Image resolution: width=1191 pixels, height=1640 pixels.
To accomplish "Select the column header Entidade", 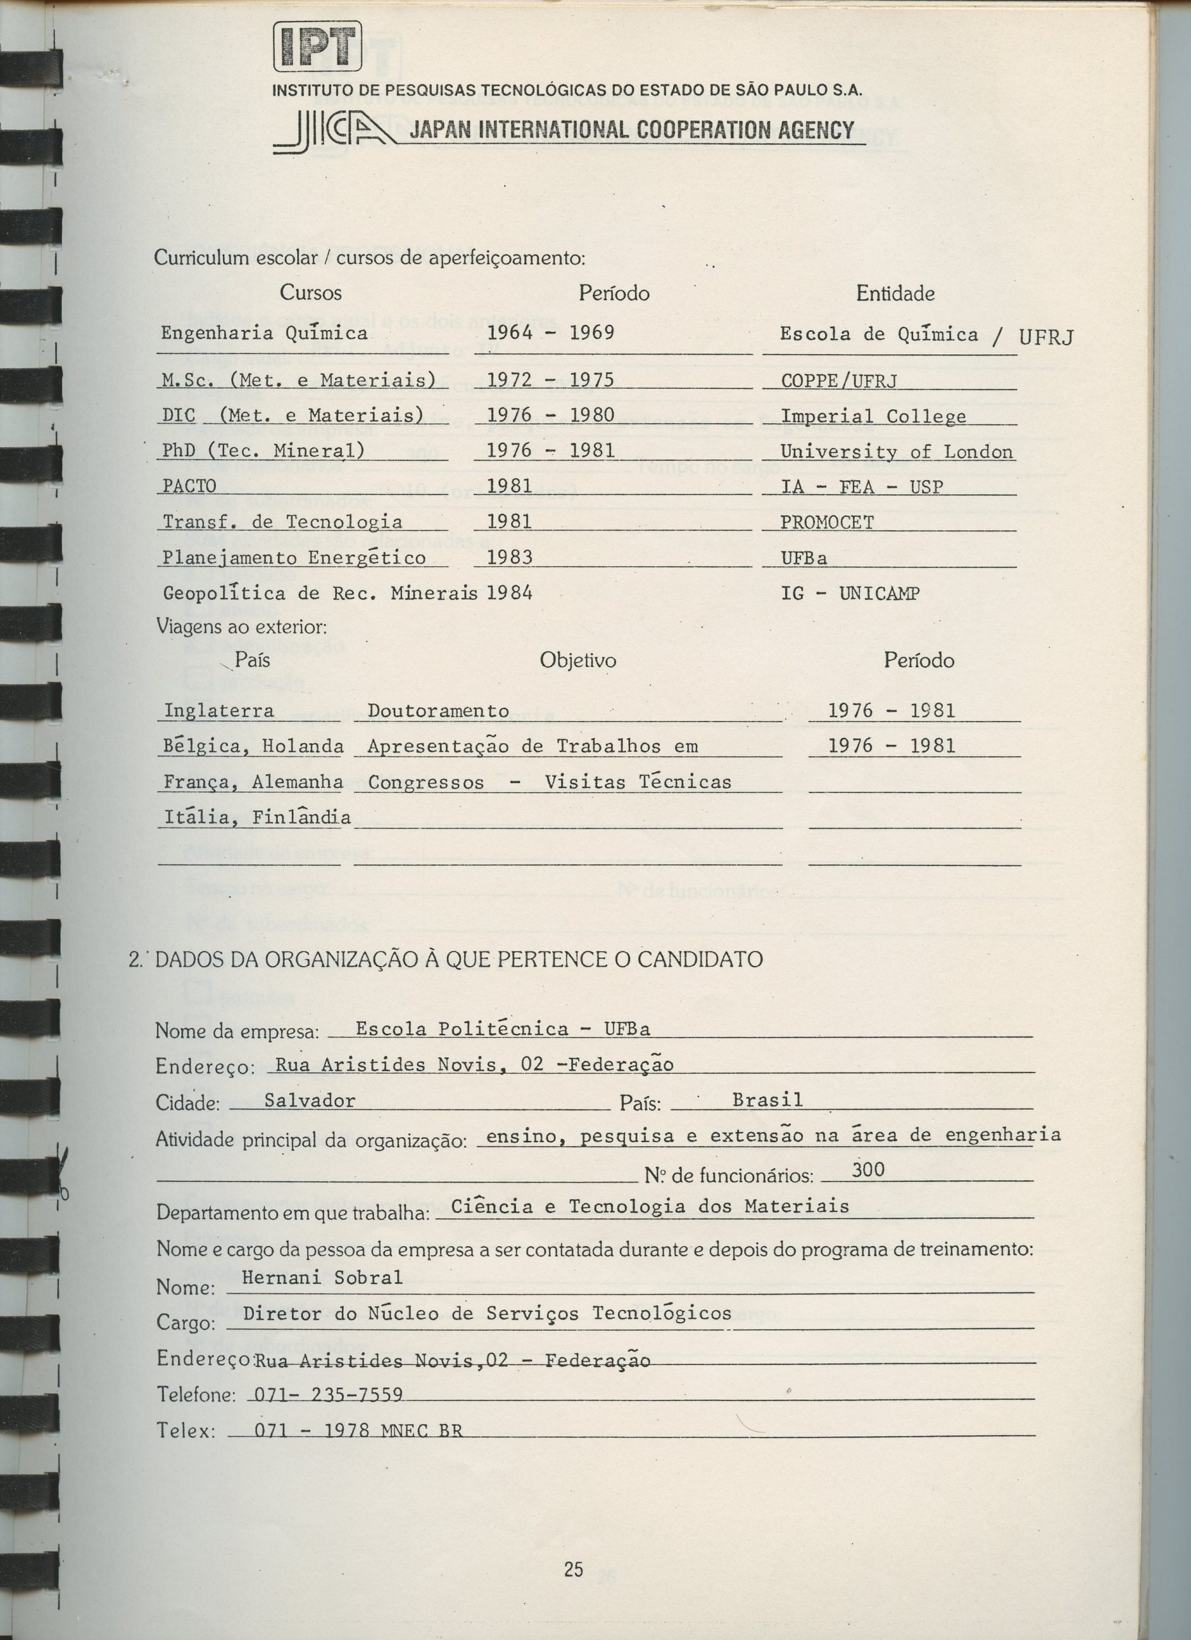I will pyautogui.click(x=895, y=293).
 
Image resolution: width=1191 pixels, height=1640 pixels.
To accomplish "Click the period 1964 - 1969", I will pyautogui.click(x=551, y=332).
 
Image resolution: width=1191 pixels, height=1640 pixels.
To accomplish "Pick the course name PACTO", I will pyautogui.click(x=190, y=486).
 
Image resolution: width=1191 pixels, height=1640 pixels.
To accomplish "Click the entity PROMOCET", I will pyautogui.click(x=827, y=522).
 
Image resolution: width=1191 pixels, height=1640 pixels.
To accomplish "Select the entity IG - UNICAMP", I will pyautogui.click(x=850, y=594).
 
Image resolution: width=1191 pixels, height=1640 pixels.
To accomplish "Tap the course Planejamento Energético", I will pyautogui.click(x=294, y=558).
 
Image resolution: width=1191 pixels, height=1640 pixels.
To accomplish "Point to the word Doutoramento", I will pyautogui.click(x=438, y=711).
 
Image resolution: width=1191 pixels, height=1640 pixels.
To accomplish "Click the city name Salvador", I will pyautogui.click(x=309, y=1101).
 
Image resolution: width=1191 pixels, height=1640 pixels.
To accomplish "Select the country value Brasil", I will pyautogui.click(x=768, y=1100).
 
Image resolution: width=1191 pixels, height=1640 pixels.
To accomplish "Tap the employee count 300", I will pyautogui.click(x=868, y=1169).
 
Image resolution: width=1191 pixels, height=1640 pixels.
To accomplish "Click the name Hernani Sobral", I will pyautogui.click(x=321, y=1277).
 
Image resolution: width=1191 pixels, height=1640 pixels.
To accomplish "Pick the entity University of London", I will pyautogui.click(x=896, y=452).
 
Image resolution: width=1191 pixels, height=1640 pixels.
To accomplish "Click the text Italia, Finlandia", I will pyautogui.click(x=257, y=818).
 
